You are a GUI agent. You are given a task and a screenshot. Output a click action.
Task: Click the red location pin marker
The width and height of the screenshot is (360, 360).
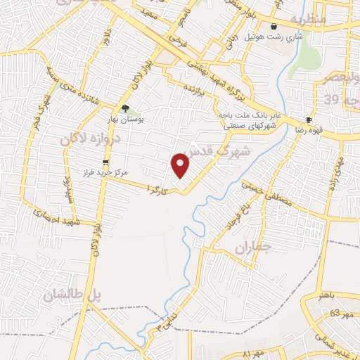point(181,166)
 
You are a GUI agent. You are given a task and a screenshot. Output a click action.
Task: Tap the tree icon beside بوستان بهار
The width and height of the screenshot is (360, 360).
point(125,108)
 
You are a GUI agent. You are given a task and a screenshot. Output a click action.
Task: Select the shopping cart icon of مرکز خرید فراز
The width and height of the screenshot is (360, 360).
point(105,162)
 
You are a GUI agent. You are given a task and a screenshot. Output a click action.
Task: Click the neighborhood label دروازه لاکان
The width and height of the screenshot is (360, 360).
point(96,139)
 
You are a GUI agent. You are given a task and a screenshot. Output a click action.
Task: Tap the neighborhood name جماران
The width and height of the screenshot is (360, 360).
point(252,247)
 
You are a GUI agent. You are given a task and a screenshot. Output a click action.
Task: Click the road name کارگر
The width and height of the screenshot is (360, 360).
point(157,189)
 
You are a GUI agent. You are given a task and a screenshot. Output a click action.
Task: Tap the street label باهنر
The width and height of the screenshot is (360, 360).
point(324,296)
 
